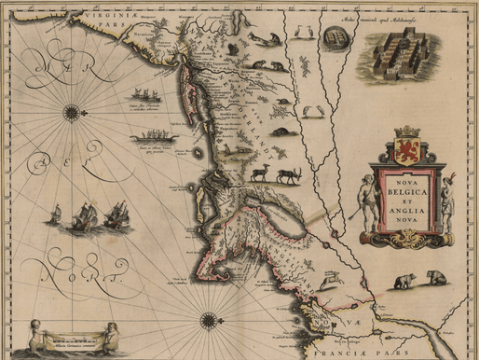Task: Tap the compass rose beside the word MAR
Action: (72, 113)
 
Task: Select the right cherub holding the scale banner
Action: (111, 333)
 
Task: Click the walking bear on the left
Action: (404, 281)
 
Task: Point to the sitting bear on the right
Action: (436, 278)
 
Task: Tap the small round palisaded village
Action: (331, 38)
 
